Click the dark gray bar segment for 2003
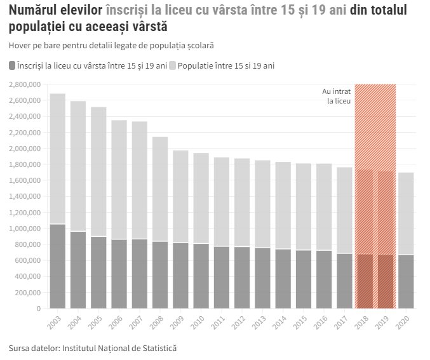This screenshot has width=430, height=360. click(58, 267)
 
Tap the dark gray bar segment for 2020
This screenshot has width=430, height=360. click(406, 281)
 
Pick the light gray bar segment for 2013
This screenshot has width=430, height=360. click(262, 204)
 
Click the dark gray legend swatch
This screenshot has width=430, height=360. click(13, 66)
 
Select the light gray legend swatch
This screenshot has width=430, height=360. click(173, 66)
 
